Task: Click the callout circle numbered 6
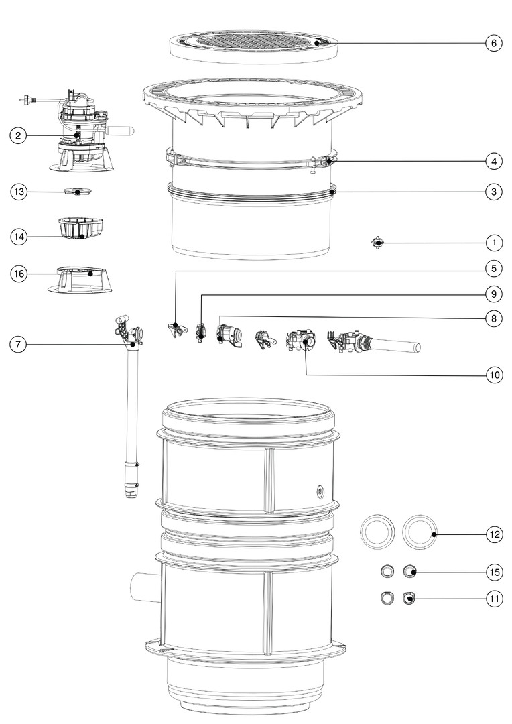pos(494,43)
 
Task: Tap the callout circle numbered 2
pos(19,135)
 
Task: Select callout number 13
pos(19,192)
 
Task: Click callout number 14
pos(19,237)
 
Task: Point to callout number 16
pos(19,274)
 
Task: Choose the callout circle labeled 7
pos(18,344)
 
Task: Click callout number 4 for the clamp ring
pos(494,161)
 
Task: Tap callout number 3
pos(494,192)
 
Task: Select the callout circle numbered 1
pos(494,243)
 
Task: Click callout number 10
pos(494,375)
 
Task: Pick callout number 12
pos(494,535)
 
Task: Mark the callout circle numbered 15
pos(494,572)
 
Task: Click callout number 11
pos(494,599)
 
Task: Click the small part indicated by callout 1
pos(378,243)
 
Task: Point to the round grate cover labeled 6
pos(253,47)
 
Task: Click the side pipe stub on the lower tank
pos(146,587)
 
